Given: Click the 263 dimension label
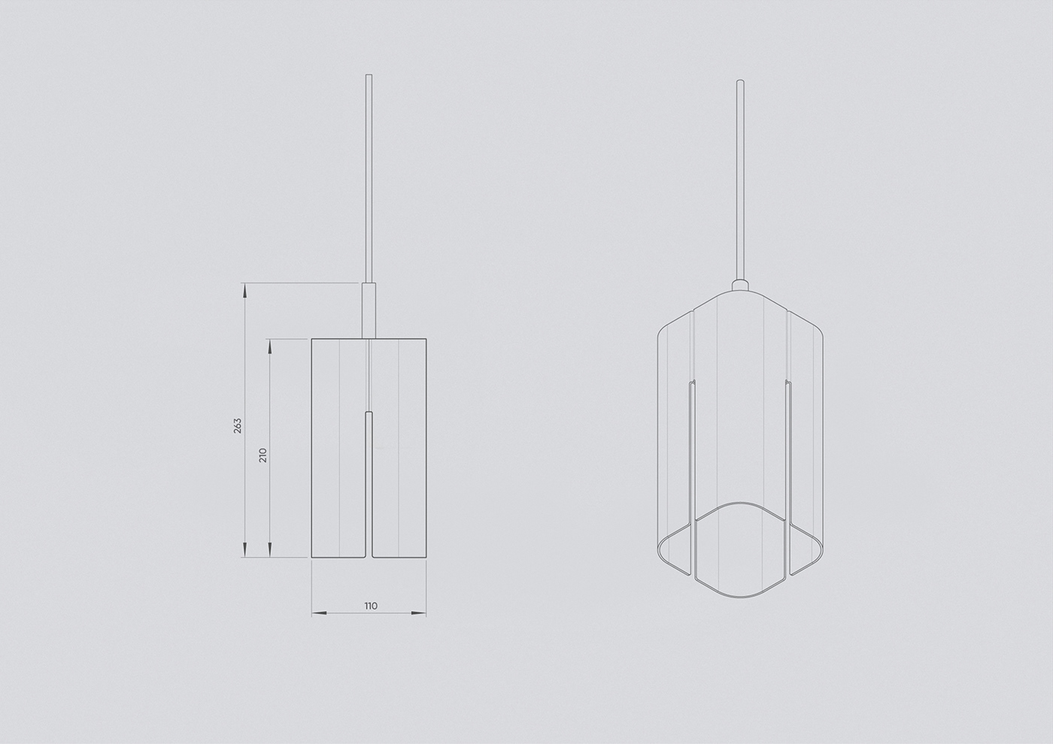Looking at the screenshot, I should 238,425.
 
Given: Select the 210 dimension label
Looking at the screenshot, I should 263,455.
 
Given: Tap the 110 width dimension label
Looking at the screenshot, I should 370,606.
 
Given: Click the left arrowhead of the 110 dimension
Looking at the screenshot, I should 317,614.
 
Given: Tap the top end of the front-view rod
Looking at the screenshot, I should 369,75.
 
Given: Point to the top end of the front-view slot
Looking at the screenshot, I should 369,413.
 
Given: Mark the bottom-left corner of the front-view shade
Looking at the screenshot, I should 312,558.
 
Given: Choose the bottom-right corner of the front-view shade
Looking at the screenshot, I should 426,558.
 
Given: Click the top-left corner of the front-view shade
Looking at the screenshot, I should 312,340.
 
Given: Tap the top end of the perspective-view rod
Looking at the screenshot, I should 740,80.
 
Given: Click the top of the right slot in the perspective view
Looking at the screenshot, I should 788,383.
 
